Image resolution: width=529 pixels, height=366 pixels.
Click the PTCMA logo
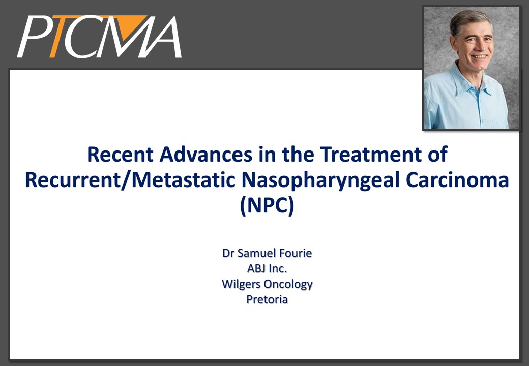click(x=99, y=37)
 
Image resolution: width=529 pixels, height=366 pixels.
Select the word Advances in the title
click(x=206, y=155)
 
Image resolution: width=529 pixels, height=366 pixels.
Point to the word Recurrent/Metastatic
click(x=130, y=180)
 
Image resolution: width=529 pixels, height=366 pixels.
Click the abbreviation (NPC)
click(x=267, y=206)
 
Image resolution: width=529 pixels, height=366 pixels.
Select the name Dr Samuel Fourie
click(x=267, y=253)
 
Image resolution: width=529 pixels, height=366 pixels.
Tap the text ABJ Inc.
click(x=267, y=268)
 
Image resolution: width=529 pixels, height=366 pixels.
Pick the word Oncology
click(x=288, y=285)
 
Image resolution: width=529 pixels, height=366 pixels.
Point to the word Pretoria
click(x=267, y=299)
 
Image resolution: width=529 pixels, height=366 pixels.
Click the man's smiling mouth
click(x=479, y=56)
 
